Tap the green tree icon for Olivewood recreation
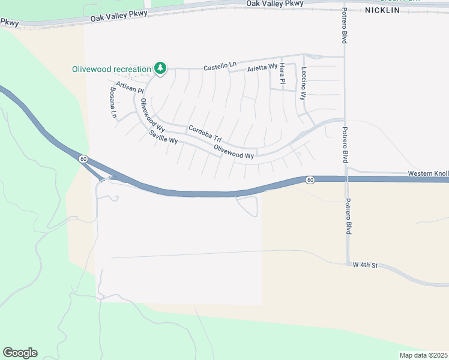[160, 68]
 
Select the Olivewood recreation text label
[112, 69]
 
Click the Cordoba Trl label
[205, 133]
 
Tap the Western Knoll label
[428, 173]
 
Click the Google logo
[20, 353]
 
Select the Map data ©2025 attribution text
[423, 355]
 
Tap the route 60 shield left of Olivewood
[83, 158]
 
